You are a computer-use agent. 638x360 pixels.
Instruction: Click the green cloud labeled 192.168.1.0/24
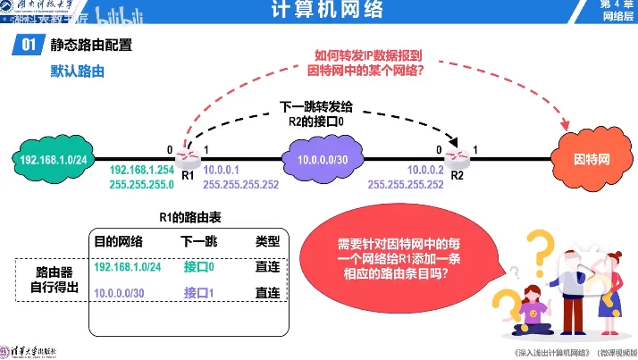pos(53,160)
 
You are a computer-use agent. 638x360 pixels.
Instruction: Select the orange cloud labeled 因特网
pos(592,160)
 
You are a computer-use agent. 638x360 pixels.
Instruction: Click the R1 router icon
pos(187,160)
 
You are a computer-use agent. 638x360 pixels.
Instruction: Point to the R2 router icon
pos(457,160)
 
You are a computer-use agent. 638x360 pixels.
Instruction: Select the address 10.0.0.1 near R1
pos(219,170)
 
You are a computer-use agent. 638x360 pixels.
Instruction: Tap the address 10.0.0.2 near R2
pos(424,170)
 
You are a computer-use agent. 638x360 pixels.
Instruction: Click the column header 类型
pos(267,241)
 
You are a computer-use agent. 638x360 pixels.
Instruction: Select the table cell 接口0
pos(199,266)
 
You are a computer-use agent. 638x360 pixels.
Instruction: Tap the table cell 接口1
pos(199,292)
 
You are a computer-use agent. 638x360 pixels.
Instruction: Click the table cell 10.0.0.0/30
pos(119,292)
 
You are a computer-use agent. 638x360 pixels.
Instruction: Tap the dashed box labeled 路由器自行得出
pos(49,279)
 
